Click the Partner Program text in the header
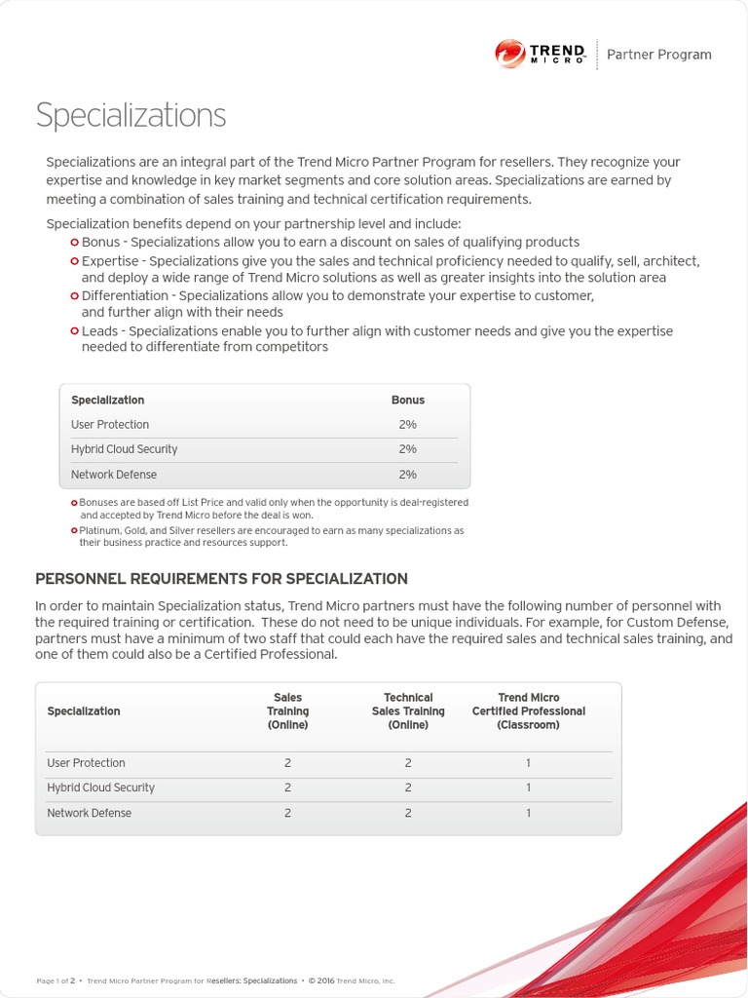coord(658,55)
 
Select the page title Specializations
coord(131,115)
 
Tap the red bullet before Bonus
coord(75,242)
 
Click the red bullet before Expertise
coord(75,261)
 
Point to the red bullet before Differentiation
coord(75,295)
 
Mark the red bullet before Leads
coord(75,331)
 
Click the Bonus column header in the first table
coord(407,400)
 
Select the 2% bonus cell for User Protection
coord(407,425)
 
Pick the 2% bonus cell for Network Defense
coord(407,475)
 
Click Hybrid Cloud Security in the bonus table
coord(124,449)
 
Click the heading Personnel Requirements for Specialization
coord(221,579)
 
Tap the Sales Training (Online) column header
coord(287,711)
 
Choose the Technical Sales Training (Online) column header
coord(408,711)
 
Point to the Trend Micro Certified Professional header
coord(528,711)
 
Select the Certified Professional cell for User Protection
coord(528,763)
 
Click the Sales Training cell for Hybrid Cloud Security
coord(287,787)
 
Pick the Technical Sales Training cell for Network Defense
coord(408,813)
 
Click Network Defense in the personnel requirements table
coord(89,813)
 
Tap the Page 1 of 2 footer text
coord(56,980)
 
